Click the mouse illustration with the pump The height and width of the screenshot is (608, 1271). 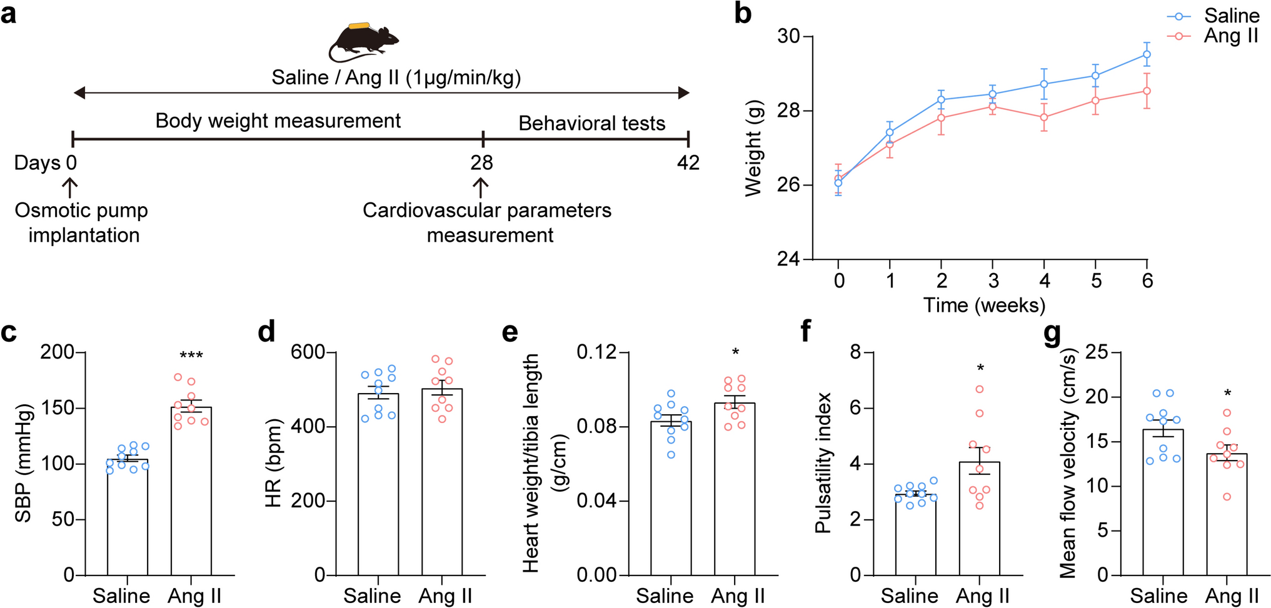(363, 42)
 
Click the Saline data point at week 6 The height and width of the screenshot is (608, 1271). (1147, 54)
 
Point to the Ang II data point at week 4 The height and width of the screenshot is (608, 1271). (1044, 117)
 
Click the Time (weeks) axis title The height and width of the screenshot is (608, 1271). (984, 305)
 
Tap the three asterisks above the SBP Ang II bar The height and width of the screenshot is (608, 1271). (191, 356)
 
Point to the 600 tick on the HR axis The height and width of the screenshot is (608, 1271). (308, 352)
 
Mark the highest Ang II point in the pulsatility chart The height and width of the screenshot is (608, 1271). (980, 389)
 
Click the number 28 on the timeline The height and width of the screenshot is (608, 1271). (481, 163)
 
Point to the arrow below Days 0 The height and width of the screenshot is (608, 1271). (70, 187)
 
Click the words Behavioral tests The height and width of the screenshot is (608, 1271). (591, 124)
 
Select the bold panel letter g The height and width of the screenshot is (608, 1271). (1052, 333)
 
